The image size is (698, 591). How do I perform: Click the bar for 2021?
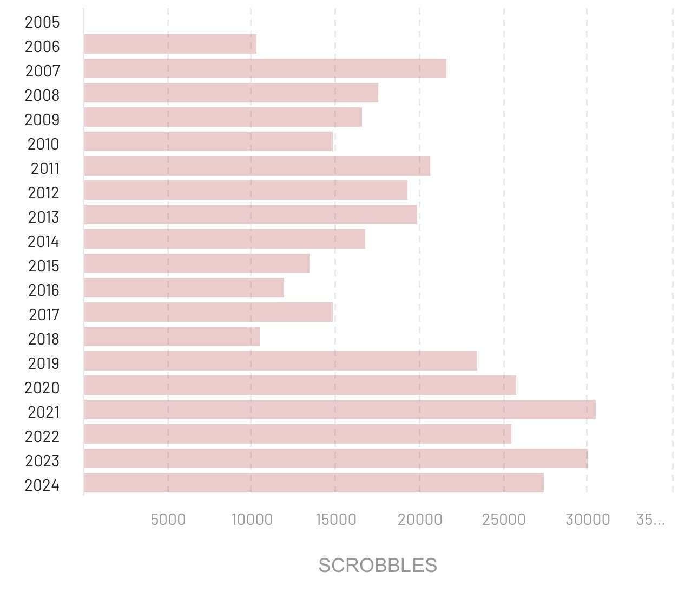tap(340, 410)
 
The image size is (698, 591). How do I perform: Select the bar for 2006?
tap(170, 44)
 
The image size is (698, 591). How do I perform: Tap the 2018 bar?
tap(172, 336)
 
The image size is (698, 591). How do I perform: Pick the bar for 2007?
tap(265, 68)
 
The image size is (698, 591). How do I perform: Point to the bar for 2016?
tap(184, 288)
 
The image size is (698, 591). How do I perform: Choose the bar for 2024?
tap(314, 483)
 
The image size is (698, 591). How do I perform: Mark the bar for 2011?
tap(257, 166)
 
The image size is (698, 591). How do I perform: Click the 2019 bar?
tap(280, 361)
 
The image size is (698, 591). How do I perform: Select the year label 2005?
tap(42, 22)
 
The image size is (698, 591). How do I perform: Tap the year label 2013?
tap(43, 217)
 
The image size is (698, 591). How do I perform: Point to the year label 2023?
tap(42, 461)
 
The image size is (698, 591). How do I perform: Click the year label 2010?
tap(43, 144)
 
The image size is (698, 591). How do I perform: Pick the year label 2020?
tap(42, 388)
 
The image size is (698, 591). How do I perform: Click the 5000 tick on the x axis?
tap(168, 519)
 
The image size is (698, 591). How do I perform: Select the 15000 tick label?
tap(335, 519)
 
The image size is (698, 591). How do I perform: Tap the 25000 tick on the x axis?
tap(504, 519)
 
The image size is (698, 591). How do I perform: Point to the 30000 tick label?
tap(588, 519)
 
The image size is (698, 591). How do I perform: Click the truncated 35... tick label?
tap(650, 519)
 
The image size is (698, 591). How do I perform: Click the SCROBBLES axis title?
tap(378, 566)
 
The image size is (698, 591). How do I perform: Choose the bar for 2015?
tap(197, 263)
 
